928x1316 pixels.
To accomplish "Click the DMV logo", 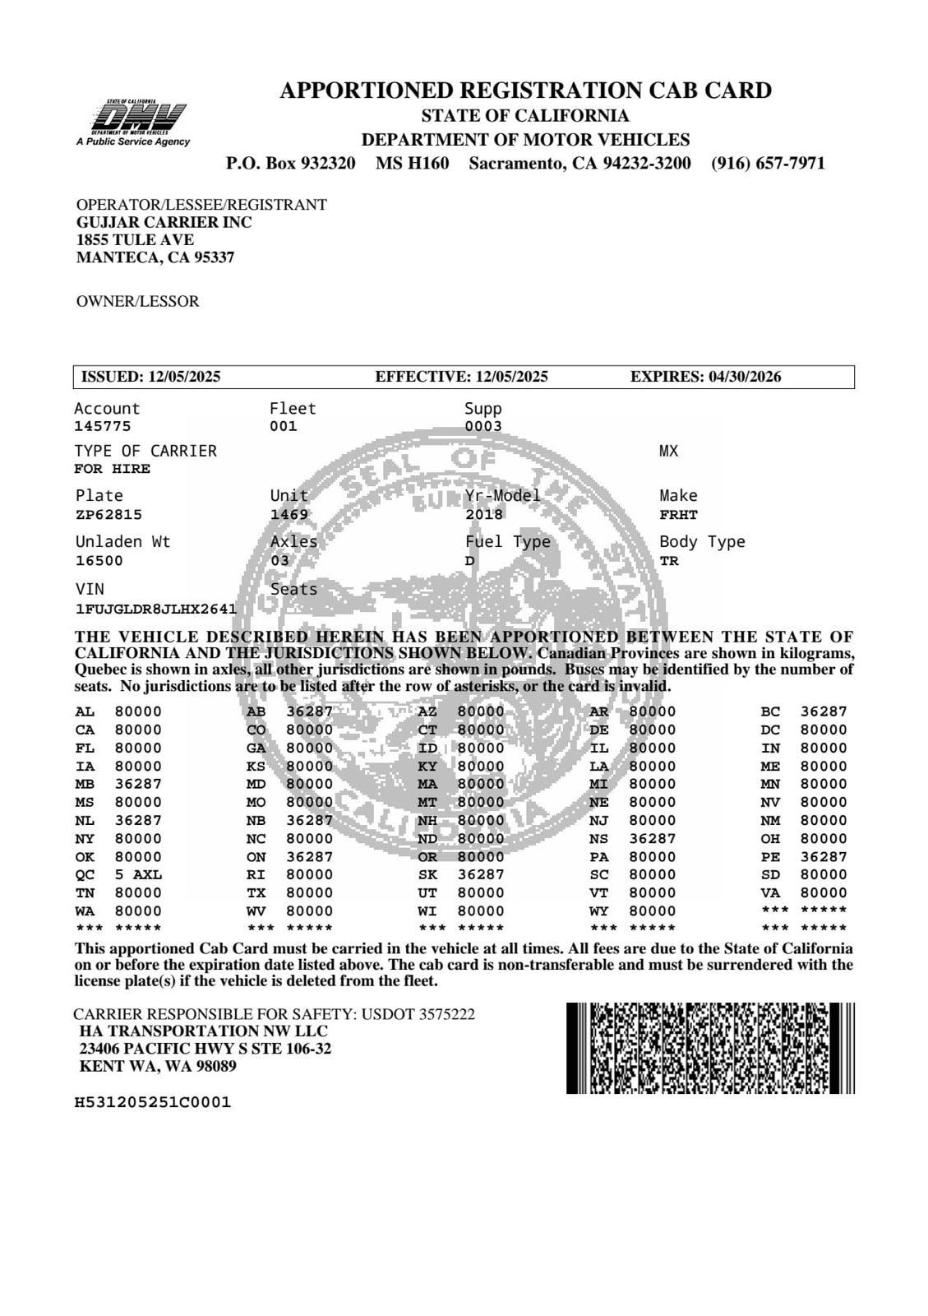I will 136,120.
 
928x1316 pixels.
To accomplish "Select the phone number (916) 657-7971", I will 768,163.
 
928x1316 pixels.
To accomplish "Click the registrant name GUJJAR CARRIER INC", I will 164,222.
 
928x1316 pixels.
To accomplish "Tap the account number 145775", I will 102,426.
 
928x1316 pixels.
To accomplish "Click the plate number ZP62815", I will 108,515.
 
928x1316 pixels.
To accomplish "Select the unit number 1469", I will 289,515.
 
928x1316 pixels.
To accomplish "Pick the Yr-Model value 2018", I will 483,515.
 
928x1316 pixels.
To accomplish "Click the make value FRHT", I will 678,515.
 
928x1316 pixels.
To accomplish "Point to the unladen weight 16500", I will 99,561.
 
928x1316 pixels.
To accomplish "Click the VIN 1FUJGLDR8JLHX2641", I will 155,609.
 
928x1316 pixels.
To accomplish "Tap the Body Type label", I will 702,542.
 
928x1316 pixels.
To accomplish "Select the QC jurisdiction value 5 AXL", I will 138,874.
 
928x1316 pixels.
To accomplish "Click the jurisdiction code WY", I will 598,911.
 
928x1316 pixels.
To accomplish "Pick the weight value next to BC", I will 823,711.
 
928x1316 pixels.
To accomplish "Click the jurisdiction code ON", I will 256,856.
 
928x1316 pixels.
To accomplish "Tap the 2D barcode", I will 710,1048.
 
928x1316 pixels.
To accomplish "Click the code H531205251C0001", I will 152,1102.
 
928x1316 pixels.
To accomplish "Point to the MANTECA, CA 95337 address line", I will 155,257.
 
